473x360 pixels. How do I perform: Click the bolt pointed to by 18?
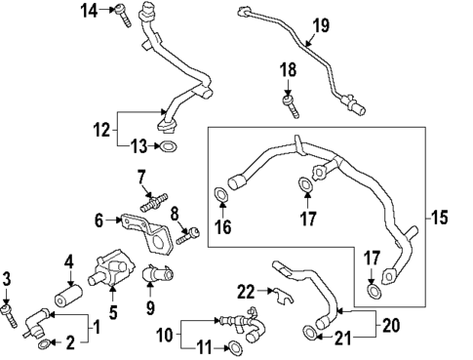(289, 103)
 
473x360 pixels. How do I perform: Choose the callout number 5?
(111, 313)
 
